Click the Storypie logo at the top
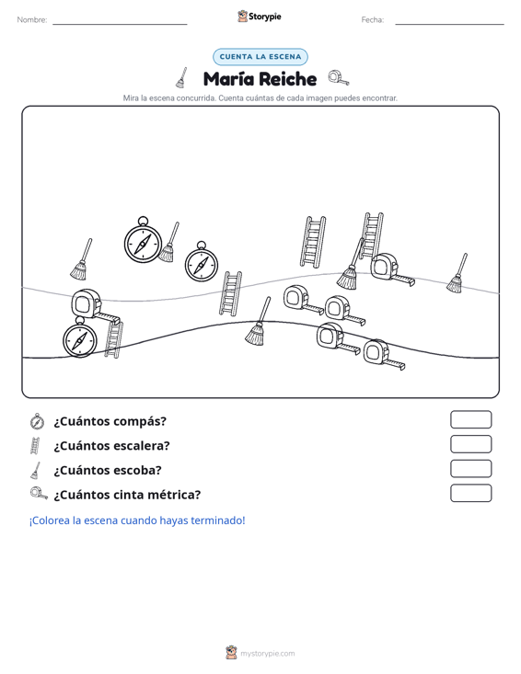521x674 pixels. click(x=259, y=17)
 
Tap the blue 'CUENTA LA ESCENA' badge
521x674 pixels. click(x=260, y=57)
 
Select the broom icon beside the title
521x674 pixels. click(x=181, y=78)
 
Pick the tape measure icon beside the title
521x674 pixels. click(x=339, y=78)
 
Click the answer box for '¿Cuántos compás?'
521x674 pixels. click(x=470, y=419)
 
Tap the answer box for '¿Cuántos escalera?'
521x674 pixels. click(x=470, y=444)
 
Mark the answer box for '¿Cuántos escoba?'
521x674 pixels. click(x=470, y=469)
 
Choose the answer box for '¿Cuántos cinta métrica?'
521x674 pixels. click(x=470, y=493)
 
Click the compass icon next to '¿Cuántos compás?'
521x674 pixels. click(x=37, y=421)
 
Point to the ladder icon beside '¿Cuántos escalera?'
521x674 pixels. click(x=35, y=446)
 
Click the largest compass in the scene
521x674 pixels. click(x=143, y=240)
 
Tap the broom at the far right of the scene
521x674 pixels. click(x=457, y=273)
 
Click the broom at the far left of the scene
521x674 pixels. click(x=81, y=258)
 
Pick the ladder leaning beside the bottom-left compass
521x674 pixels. click(x=113, y=339)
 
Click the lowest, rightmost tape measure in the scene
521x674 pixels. click(x=384, y=355)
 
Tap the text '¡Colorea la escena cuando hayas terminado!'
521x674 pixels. click(x=137, y=520)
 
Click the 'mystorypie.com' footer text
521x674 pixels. click(x=268, y=654)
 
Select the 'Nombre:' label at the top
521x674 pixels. click(x=32, y=20)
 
